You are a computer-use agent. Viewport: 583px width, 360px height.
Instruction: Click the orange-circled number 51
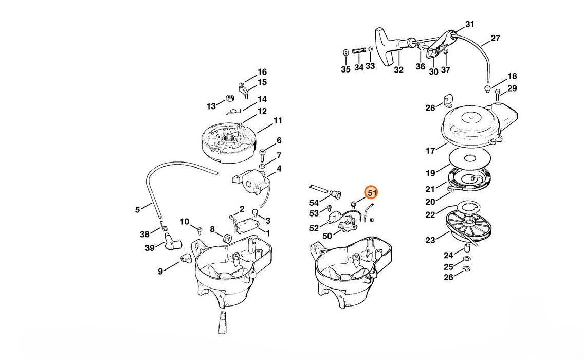pyautogui.click(x=372, y=193)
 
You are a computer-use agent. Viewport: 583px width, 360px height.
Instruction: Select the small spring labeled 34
pyautogui.click(x=359, y=51)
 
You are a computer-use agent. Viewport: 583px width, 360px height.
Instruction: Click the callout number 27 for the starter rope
pyautogui.click(x=495, y=38)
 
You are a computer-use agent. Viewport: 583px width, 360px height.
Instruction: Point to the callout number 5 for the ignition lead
pyautogui.click(x=137, y=209)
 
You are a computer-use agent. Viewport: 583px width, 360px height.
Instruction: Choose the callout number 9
pyautogui.click(x=160, y=271)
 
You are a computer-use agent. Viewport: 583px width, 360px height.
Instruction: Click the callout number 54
pyautogui.click(x=314, y=202)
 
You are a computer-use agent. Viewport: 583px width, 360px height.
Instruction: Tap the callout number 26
pyautogui.click(x=448, y=277)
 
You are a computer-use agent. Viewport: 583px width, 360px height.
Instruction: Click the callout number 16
pyautogui.click(x=262, y=72)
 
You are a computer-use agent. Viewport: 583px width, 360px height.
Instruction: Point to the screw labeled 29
pyautogui.click(x=498, y=95)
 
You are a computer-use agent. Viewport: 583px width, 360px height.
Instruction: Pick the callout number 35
pyautogui.click(x=345, y=69)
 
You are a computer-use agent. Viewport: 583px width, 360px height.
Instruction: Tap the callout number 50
pyautogui.click(x=327, y=236)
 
